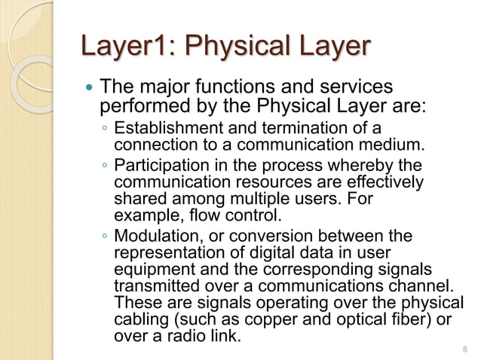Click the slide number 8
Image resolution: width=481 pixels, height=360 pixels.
coord(464,349)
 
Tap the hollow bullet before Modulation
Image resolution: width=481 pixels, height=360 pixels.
coord(104,239)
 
